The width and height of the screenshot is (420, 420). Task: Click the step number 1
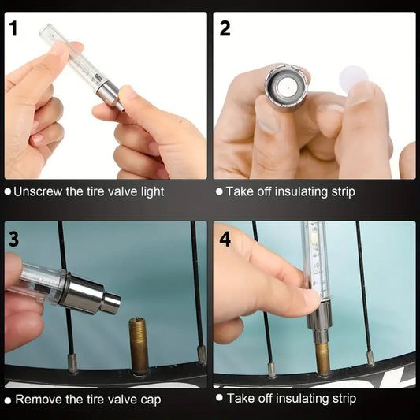[13, 28]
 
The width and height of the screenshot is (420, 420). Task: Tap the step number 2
[225, 28]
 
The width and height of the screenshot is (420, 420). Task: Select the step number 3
[13, 240]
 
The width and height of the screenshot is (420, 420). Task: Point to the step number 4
[225, 240]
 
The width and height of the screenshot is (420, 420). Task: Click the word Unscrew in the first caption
[38, 191]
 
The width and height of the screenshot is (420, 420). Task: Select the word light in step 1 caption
[152, 192]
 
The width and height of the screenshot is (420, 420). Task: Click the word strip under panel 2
[344, 192]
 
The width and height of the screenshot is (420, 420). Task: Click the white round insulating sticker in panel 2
[354, 78]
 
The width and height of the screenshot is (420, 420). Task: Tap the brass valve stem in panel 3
[139, 346]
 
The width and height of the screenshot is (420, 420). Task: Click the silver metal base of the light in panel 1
[108, 95]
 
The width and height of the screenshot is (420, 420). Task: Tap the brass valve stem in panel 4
[322, 359]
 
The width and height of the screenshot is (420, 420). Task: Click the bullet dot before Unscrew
[8, 191]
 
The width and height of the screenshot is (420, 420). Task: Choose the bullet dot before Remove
[8, 400]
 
